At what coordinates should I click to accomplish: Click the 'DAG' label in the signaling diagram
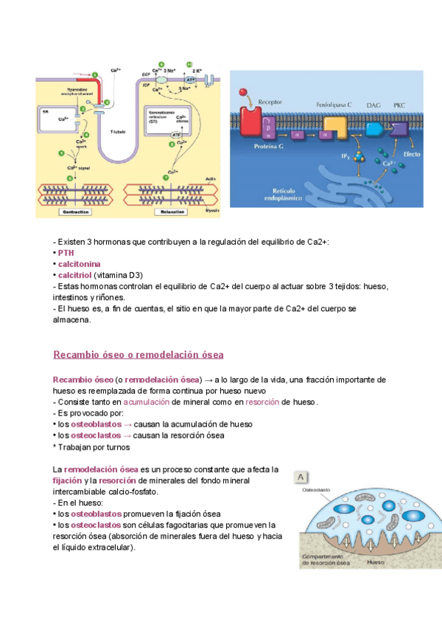[x=373, y=105]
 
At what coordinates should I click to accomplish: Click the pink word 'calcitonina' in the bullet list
[x=80, y=263]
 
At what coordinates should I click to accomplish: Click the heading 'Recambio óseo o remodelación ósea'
[x=138, y=355]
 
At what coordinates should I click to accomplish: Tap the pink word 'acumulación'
[x=146, y=402]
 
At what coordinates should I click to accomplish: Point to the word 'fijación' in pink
[x=68, y=480]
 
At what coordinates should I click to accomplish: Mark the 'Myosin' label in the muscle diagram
[x=211, y=211]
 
